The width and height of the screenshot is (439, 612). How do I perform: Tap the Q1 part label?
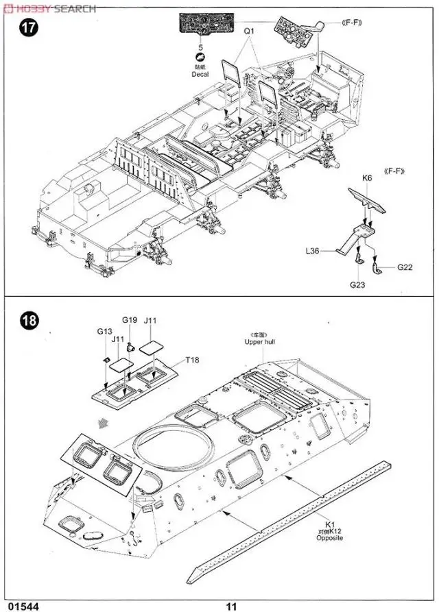[248, 31]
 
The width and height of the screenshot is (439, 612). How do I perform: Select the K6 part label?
[367, 178]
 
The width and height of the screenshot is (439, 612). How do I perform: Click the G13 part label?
[104, 331]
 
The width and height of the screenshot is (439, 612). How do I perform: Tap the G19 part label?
[130, 319]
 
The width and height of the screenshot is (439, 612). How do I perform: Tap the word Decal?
[200, 74]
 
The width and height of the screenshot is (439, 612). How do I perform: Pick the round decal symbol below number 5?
[200, 57]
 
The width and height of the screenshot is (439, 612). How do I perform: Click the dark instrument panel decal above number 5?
[201, 26]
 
